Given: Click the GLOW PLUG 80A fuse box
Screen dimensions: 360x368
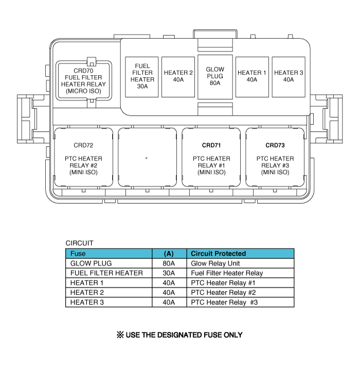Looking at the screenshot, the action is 215,77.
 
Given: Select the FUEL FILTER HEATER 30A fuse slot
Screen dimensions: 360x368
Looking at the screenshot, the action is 141,77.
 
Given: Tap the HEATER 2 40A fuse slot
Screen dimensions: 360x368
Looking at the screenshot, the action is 178,77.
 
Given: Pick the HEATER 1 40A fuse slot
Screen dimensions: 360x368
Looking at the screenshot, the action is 252,77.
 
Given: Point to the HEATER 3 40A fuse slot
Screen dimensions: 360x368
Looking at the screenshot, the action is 289,77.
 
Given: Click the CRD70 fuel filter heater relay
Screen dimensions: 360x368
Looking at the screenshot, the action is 83,80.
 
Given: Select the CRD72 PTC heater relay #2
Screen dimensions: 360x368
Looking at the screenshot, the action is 83,157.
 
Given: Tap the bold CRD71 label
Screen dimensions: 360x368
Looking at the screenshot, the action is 211,145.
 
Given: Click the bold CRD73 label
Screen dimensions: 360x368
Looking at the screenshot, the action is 275,145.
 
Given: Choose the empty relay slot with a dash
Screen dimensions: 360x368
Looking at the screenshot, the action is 147,157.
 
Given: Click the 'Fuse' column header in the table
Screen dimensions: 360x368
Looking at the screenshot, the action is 78,254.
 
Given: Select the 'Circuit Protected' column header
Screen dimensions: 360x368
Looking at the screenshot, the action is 219,254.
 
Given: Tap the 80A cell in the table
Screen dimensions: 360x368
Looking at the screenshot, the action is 169,264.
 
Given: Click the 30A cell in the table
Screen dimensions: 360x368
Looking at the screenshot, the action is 169,273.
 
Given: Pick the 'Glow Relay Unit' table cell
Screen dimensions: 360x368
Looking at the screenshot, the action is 215,264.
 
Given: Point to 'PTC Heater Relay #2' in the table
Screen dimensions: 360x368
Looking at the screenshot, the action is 223,293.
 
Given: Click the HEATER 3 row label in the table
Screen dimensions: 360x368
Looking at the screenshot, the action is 87,302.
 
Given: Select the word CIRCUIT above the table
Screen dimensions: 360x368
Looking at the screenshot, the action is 80,243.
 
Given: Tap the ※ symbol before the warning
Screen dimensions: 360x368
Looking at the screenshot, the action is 120,335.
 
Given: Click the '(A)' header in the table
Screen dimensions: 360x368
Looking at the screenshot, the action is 169,254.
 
